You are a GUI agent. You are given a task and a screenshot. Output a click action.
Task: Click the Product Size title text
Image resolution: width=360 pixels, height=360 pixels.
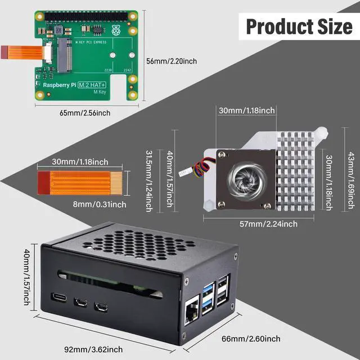(299, 26)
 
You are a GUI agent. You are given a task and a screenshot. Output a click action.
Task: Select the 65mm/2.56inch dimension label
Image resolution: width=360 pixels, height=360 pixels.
(85, 112)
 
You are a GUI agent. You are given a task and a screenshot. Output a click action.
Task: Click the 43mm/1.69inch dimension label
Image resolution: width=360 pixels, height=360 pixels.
(351, 174)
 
